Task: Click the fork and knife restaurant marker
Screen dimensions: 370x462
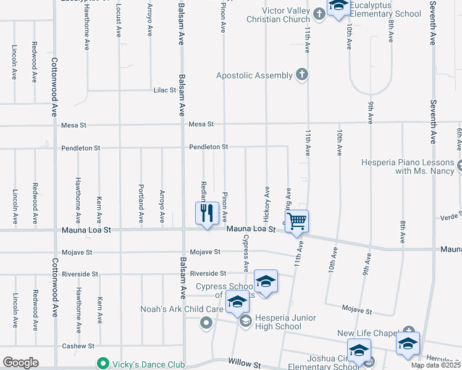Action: pos(208,213)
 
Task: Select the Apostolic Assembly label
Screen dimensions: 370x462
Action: pos(254,75)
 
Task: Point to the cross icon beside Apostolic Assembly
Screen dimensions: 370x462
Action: pos(302,75)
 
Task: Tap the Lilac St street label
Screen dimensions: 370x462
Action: pos(165,90)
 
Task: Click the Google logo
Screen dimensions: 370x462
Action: pos(20,363)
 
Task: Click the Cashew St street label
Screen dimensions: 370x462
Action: pos(78,347)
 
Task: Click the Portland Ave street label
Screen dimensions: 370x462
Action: pos(141,203)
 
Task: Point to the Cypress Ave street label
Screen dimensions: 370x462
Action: pos(246,253)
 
